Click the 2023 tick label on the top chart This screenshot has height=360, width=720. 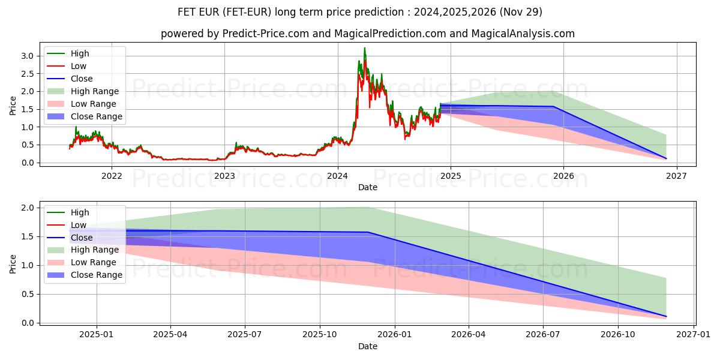click(224, 176)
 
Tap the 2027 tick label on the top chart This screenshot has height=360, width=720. click(676, 176)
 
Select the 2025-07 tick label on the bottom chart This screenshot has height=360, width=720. click(245, 334)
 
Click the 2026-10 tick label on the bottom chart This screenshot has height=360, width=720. click(619, 334)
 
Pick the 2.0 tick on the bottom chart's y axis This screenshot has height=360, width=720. click(28, 208)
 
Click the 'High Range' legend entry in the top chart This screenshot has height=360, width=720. click(95, 91)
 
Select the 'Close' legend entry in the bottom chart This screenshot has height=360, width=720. click(82, 238)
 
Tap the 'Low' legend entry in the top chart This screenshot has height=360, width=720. click(79, 66)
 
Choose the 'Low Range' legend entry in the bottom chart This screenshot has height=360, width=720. click(94, 262)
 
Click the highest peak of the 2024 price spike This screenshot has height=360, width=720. click(364, 48)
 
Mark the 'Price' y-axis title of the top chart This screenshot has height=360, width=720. click(13, 105)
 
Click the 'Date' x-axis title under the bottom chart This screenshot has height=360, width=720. click(368, 346)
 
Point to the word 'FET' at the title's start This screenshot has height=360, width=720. click(187, 11)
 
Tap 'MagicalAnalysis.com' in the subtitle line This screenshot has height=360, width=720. click(523, 34)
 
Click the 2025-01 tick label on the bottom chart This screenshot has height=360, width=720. click(97, 334)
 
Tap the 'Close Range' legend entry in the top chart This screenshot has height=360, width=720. click(96, 116)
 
